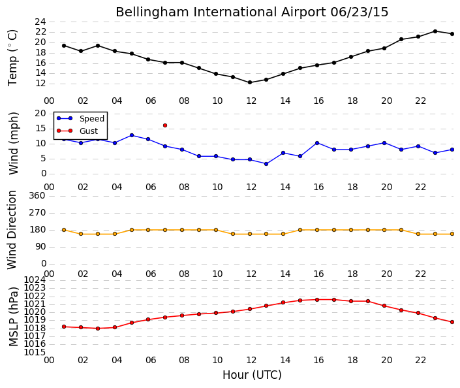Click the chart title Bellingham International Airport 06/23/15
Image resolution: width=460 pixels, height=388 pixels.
coord(252,12)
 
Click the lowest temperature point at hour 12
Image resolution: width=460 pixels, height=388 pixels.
coord(250,82)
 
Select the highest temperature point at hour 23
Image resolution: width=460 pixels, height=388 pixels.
coord(435,31)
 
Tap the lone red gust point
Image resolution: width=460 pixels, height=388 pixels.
coord(165,125)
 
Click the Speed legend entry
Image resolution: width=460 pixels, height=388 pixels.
coord(80,118)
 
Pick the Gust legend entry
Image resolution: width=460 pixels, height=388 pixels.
coord(77,131)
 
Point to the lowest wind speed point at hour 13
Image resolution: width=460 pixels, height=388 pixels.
coord(266,164)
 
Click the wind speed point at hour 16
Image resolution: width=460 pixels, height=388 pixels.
coord(317,143)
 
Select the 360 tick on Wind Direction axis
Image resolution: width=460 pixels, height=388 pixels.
coord(37,195)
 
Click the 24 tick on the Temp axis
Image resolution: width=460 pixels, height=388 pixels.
coord(40,22)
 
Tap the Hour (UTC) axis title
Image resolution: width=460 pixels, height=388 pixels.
coord(252,375)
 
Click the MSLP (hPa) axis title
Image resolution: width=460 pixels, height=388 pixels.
coord(14,317)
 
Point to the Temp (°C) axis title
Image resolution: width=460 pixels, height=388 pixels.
coord(12,58)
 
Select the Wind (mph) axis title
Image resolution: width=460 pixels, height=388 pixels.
coord(14,143)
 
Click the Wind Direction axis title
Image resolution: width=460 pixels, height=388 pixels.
coord(12,230)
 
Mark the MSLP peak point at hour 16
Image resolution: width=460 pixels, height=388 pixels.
coord(317,300)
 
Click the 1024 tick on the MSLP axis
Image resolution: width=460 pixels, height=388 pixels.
coord(35,280)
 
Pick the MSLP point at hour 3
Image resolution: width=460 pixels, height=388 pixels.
coord(98,329)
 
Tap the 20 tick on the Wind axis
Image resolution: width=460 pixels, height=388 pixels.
coord(40,114)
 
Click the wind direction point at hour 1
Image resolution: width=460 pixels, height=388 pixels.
coord(64,230)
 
